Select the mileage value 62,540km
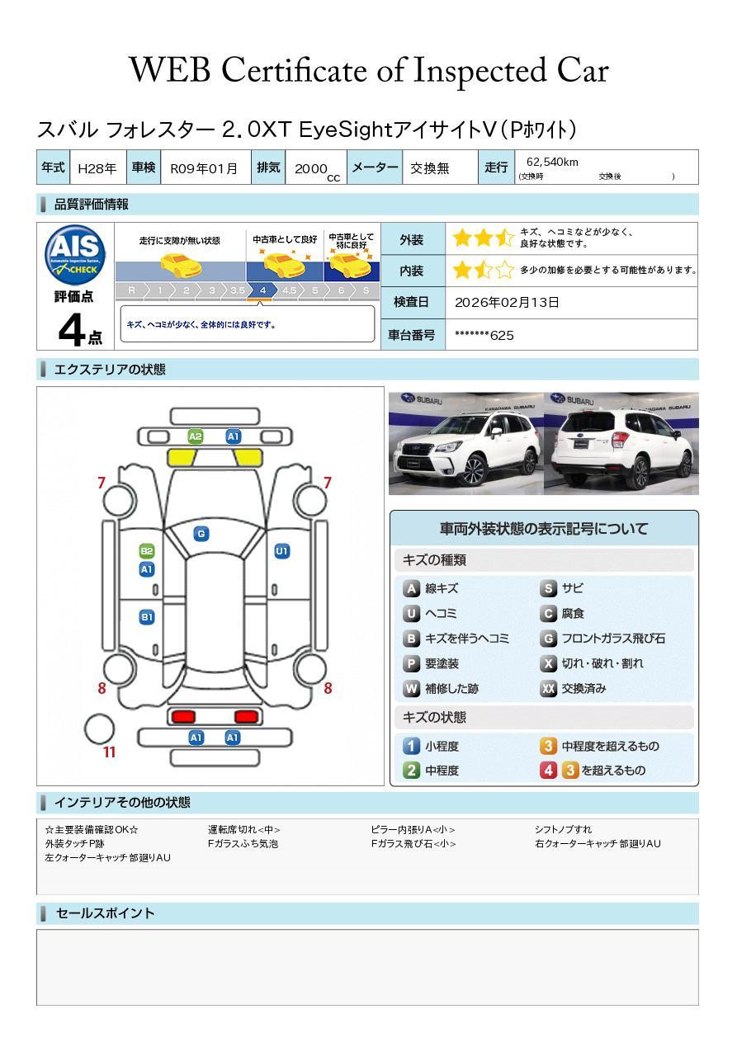[x=552, y=162]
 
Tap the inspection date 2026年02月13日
[x=507, y=303]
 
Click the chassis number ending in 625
[x=484, y=335]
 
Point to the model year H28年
[x=97, y=168]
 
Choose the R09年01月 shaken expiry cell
[x=204, y=168]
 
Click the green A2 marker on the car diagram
[x=196, y=436]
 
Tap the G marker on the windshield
[x=201, y=534]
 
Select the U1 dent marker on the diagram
[x=282, y=551]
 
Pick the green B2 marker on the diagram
[x=147, y=551]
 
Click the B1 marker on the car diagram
[x=147, y=616]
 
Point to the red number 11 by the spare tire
[x=109, y=752]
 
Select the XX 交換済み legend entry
[x=583, y=688]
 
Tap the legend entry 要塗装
[x=441, y=663]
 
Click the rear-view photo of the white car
[x=621, y=444]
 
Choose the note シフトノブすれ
[x=563, y=829]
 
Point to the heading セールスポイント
[x=105, y=913]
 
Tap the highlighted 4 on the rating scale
[x=262, y=290]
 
